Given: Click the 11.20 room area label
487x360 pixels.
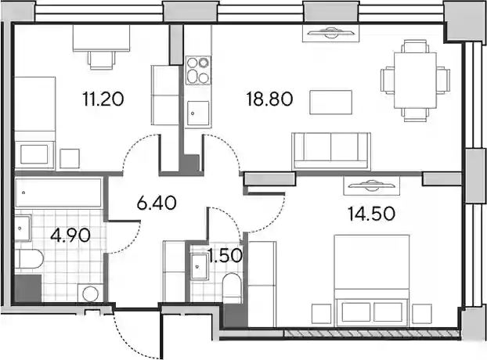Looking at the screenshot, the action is click(103, 99).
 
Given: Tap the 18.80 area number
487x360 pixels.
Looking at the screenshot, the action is click(269, 99).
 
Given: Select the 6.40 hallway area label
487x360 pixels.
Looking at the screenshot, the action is click(157, 203).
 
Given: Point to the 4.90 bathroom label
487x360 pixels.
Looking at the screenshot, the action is click(70, 235).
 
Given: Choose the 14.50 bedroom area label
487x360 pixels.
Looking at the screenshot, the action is click(371, 214).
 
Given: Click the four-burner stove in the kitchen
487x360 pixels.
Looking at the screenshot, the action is click(198, 70).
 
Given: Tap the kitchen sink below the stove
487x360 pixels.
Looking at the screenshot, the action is click(198, 113).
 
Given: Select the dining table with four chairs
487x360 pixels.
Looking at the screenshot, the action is click(415, 81).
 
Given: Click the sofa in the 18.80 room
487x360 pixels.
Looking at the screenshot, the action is click(331, 151).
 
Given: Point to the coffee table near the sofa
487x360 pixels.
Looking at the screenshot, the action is click(330, 102).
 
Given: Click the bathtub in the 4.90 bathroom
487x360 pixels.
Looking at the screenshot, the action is click(59, 193).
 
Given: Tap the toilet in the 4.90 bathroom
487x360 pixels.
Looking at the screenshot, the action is click(29, 259).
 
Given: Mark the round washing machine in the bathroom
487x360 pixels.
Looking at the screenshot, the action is click(90, 293).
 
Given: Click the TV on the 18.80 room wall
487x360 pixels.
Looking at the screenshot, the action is click(331, 33).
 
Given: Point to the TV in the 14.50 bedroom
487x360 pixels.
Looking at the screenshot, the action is click(372, 185).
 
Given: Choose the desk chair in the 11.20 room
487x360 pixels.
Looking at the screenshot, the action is click(101, 59).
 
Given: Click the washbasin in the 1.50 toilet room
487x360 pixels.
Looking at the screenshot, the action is click(199, 267).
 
